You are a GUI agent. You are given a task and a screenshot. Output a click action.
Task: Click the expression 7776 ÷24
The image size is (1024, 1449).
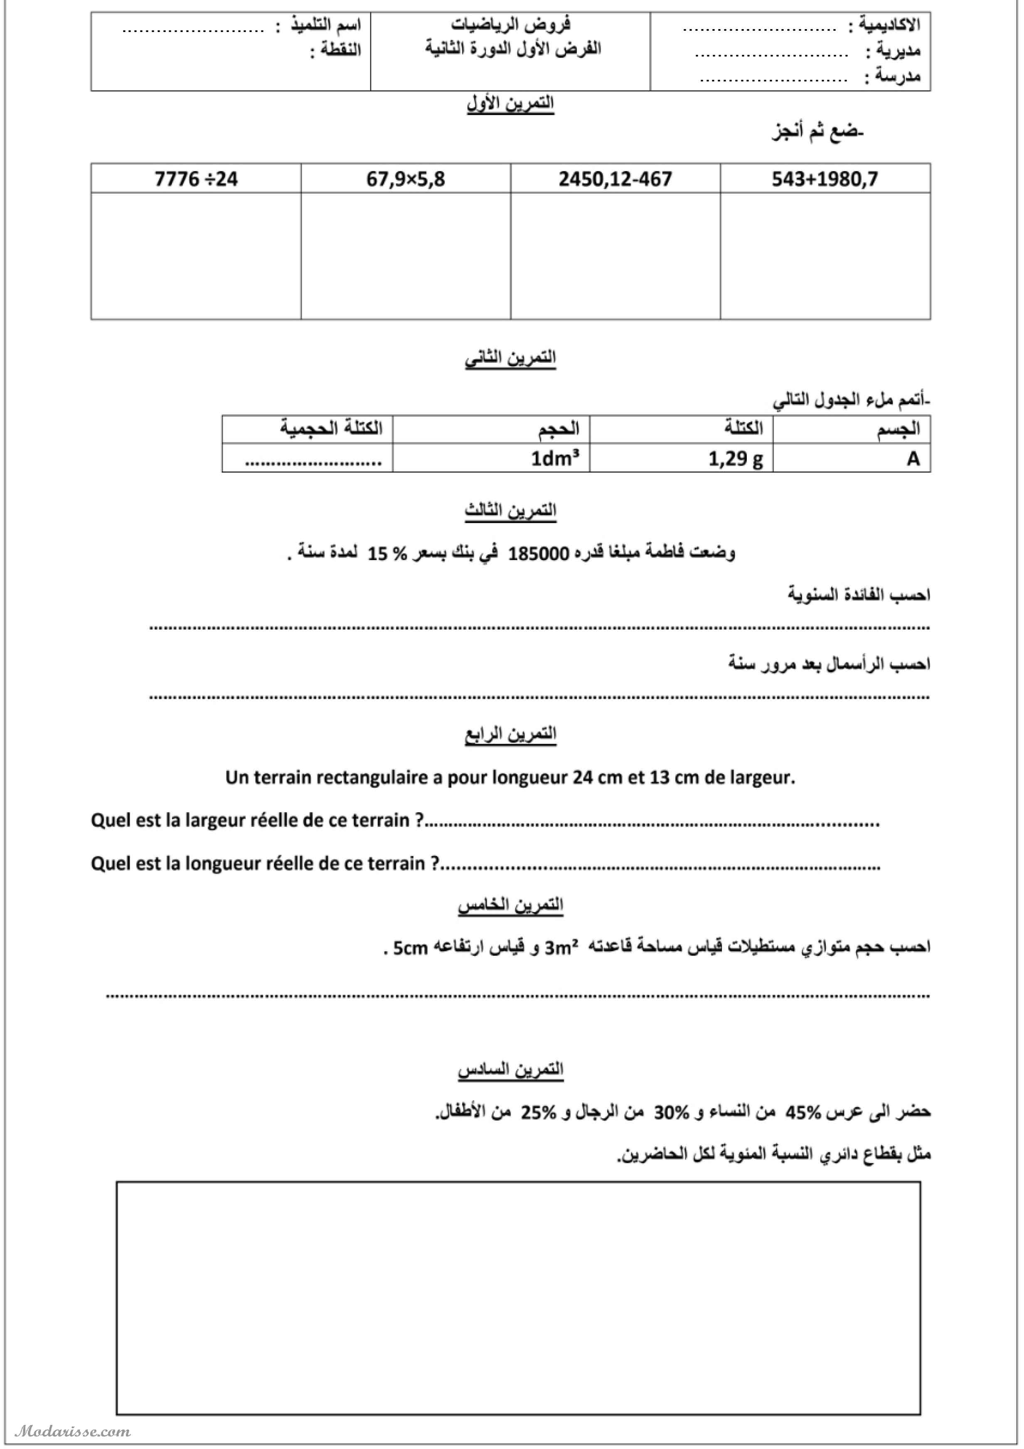(196, 179)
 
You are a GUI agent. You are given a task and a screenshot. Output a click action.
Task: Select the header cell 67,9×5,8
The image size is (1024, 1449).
(405, 179)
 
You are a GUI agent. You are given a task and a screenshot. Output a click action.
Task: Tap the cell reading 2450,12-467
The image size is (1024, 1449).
(615, 179)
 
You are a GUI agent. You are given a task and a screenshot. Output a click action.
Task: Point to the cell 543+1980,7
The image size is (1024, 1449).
(825, 179)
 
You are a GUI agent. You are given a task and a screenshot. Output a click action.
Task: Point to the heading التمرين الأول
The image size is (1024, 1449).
(510, 103)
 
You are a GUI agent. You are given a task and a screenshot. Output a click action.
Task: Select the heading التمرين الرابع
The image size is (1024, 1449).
(510, 734)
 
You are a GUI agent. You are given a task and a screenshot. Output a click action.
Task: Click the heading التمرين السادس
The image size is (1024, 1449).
(510, 1070)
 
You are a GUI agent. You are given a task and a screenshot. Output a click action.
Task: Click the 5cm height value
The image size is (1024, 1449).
(410, 948)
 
